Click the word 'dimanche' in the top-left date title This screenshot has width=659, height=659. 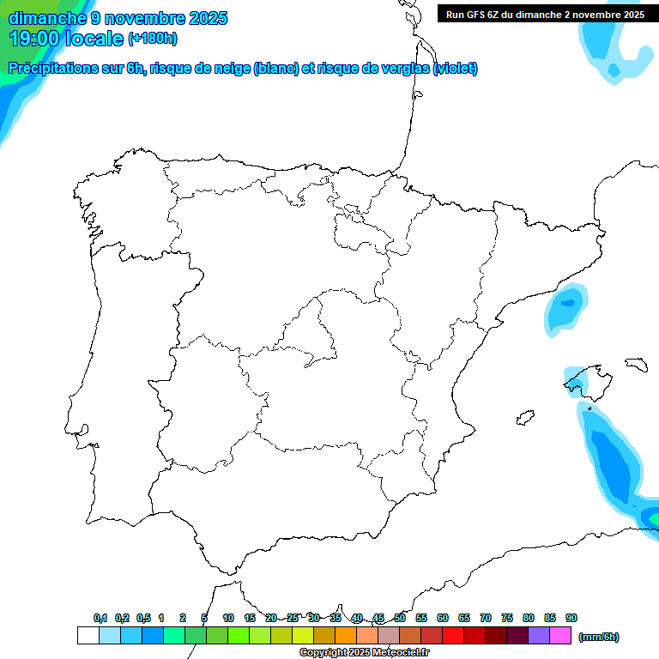pyautogui.click(x=46, y=17)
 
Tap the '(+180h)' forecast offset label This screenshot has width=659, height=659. pyautogui.click(x=153, y=39)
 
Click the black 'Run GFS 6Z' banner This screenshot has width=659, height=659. pyautogui.click(x=545, y=14)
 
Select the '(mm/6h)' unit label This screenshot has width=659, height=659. pyautogui.click(x=599, y=636)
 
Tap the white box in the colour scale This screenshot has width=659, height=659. pyautogui.click(x=88, y=636)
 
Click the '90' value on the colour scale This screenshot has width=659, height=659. pyautogui.click(x=571, y=618)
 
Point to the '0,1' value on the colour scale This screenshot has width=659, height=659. pyautogui.click(x=100, y=618)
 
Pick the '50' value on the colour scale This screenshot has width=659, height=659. pyautogui.click(x=400, y=618)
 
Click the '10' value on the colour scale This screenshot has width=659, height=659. pyautogui.click(x=228, y=618)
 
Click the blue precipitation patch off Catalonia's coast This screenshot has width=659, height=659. pyautogui.click(x=566, y=309)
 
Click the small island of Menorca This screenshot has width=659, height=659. pyautogui.click(x=635, y=364)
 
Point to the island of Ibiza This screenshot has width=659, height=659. pyautogui.click(x=522, y=418)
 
